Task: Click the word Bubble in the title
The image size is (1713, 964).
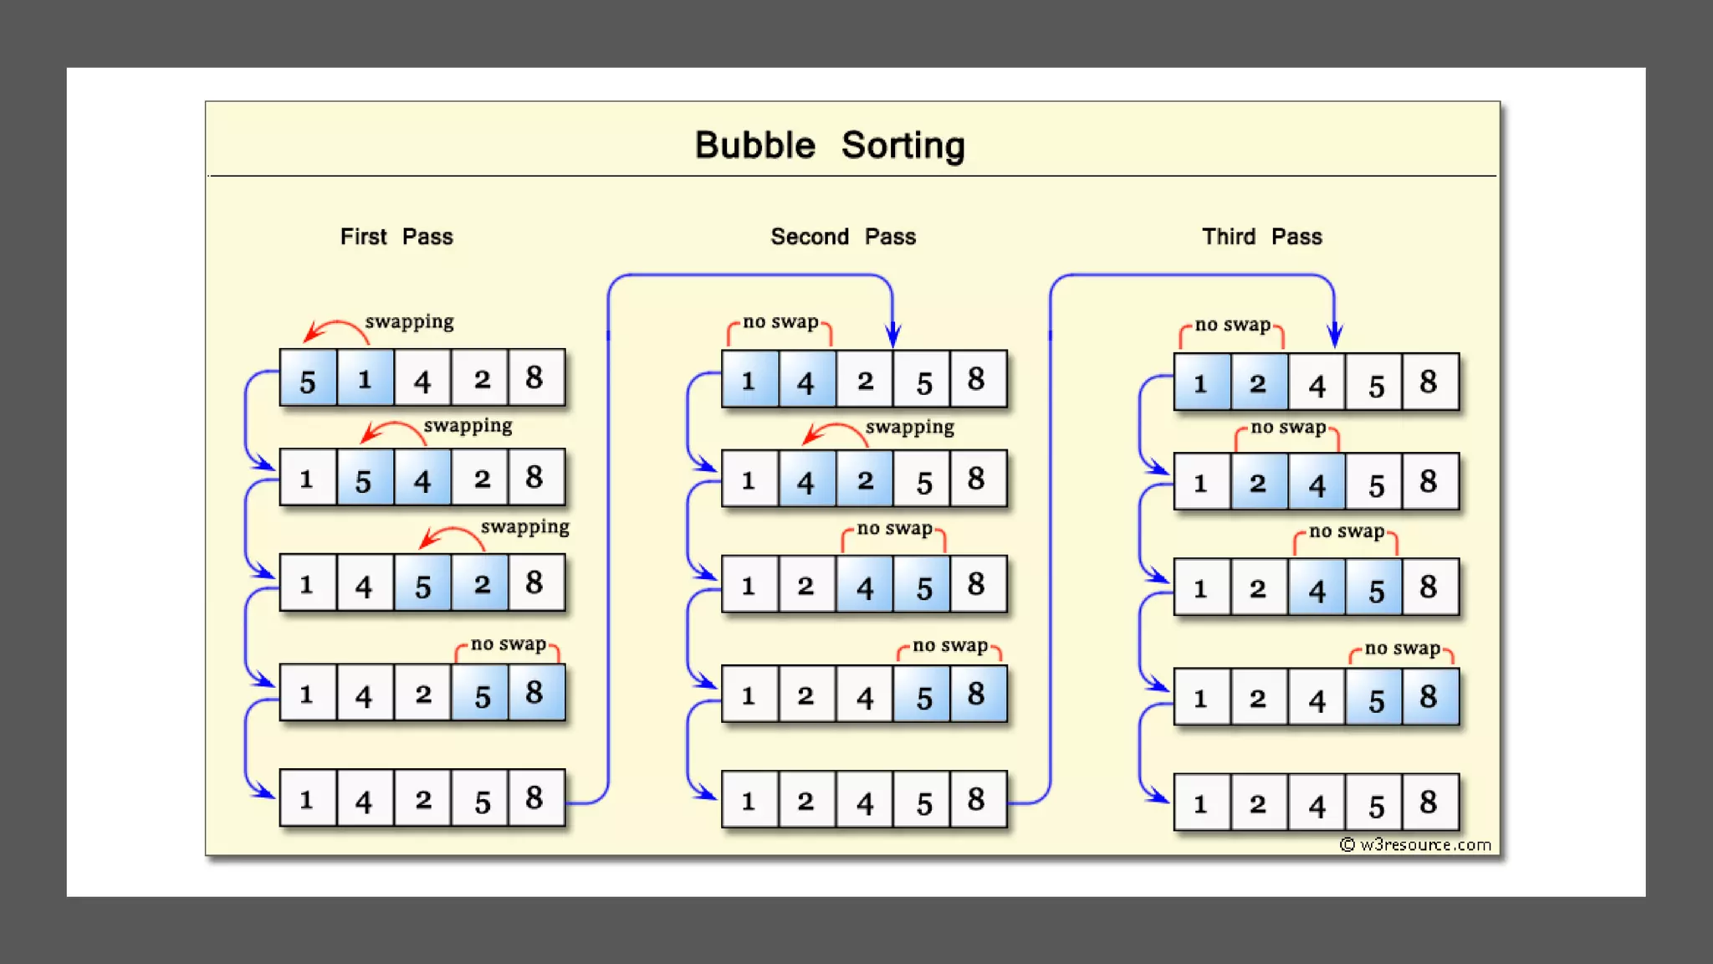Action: click(x=754, y=146)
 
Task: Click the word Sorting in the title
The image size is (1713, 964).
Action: click(x=903, y=146)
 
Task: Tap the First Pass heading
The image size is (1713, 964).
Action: click(x=396, y=237)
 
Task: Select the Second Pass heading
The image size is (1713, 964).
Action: click(x=843, y=237)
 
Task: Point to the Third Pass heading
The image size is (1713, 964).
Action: click(x=1262, y=237)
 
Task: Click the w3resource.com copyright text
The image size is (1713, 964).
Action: click(x=1416, y=844)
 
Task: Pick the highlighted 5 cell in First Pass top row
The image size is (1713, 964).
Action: click(x=308, y=379)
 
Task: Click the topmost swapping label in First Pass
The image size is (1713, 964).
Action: click(x=409, y=321)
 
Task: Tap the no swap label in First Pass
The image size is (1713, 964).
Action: click(x=508, y=644)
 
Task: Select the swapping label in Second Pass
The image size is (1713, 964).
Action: click(x=909, y=427)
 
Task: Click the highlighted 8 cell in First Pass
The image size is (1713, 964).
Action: click(x=535, y=693)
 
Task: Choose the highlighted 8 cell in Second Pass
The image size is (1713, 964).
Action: click(x=977, y=695)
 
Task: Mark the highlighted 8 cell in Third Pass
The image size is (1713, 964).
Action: click(x=1429, y=697)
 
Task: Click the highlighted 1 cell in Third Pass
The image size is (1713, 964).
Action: click(x=1201, y=383)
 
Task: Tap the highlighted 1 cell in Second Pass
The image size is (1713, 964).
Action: click(x=749, y=381)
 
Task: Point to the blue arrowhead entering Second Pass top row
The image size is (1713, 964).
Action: click(x=893, y=336)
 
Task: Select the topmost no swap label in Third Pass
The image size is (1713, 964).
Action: click(x=1232, y=325)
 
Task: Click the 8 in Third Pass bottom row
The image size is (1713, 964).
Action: click(x=1429, y=802)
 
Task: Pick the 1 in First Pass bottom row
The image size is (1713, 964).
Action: click(x=307, y=800)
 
